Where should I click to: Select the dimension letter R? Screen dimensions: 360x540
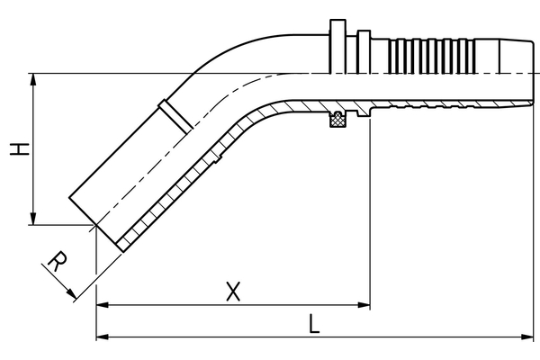coord(56,263)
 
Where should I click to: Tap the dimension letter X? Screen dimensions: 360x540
coord(233,291)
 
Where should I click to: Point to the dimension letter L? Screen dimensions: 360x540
coord(313,323)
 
